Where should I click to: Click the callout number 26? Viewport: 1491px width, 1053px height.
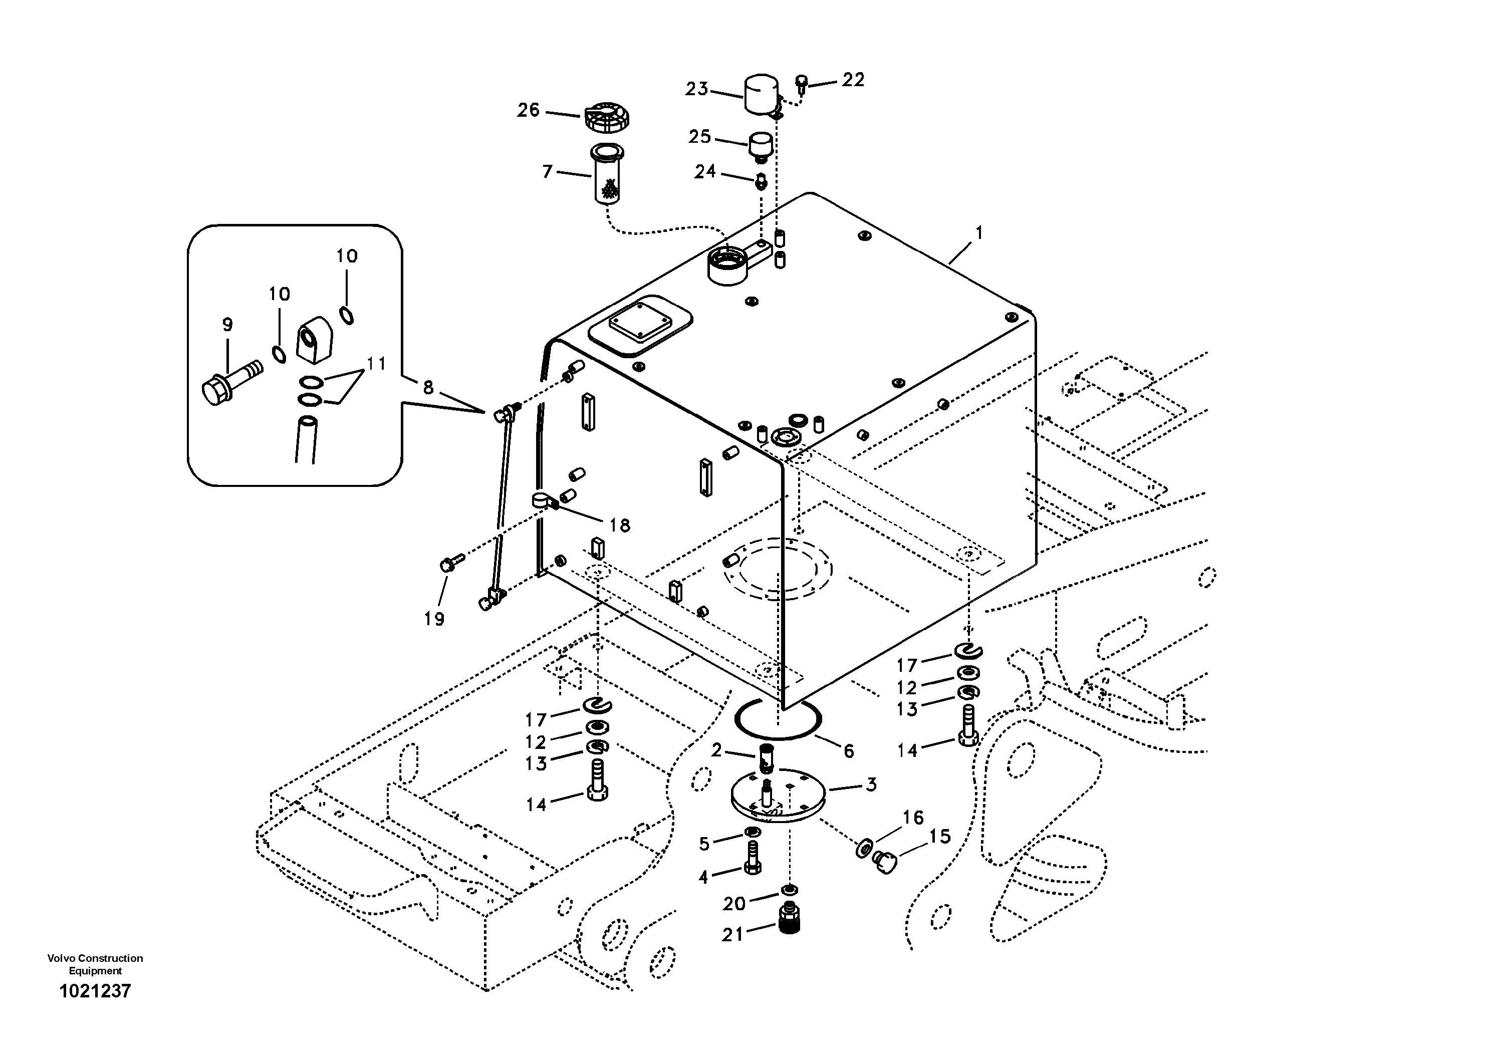[528, 110]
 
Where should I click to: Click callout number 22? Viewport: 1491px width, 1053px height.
[853, 80]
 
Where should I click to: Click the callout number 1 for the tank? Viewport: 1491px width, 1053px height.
[979, 232]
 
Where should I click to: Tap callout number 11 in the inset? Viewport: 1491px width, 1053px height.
[376, 364]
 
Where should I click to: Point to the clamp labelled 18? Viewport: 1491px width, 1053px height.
[544, 500]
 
